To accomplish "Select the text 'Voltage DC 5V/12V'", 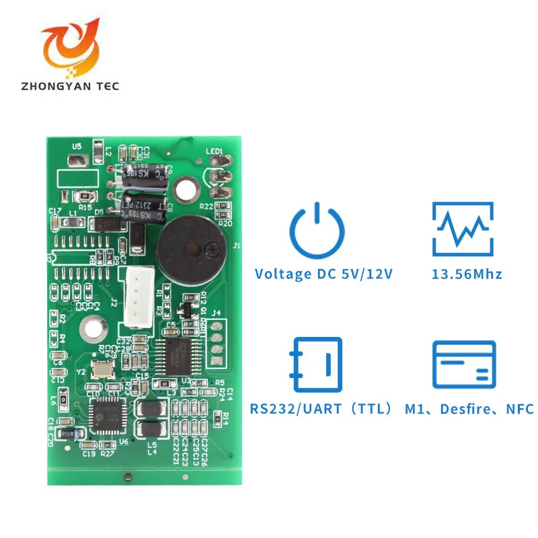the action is pyautogui.click(x=323, y=274).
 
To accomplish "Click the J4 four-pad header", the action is pyautogui.click(x=216, y=340).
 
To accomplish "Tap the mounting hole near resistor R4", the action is pyautogui.click(x=91, y=330).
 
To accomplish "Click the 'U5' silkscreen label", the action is pyautogui.click(x=77, y=146).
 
